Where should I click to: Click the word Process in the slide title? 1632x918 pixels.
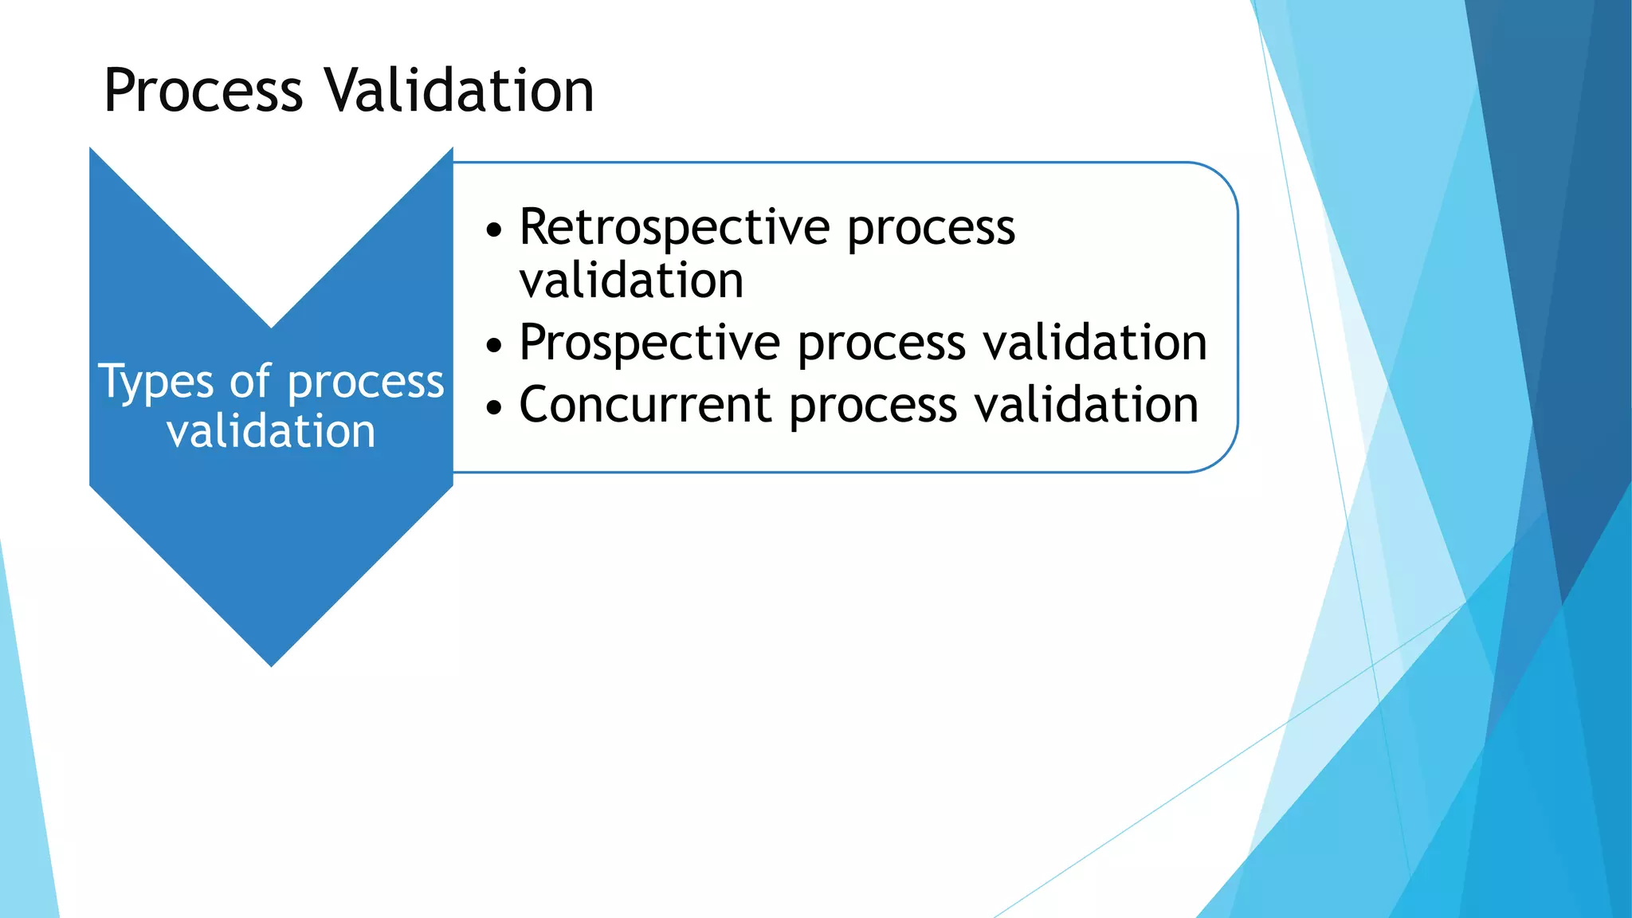pyautogui.click(x=203, y=91)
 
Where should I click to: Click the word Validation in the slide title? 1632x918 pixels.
pyautogui.click(x=460, y=91)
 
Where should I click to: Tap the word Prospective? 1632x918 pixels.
pyautogui.click(x=649, y=343)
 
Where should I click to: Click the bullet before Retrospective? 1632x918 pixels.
pyautogui.click(x=495, y=231)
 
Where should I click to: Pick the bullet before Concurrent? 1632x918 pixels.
pyautogui.click(x=495, y=408)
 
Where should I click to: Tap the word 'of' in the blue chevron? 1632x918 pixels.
pyautogui.click(x=250, y=381)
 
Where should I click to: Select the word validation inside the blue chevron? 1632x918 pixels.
pyautogui.click(x=271, y=432)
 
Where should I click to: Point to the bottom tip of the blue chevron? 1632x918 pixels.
pyautogui.click(x=271, y=664)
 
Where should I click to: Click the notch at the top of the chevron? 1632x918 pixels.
pyautogui.click(x=271, y=325)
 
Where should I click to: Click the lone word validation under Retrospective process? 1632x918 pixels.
pyautogui.click(x=631, y=281)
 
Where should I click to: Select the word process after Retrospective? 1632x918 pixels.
pyautogui.click(x=930, y=229)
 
